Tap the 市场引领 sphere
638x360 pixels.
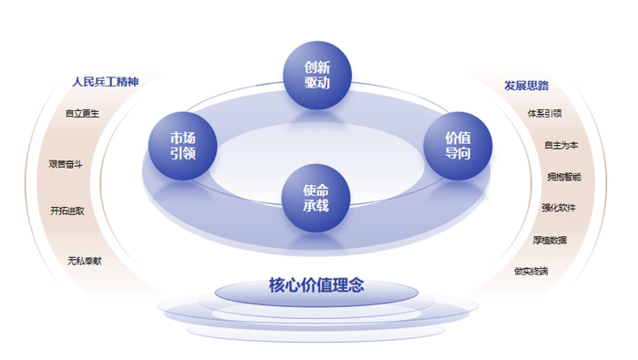point(183,145)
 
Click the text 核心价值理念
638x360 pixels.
point(316,285)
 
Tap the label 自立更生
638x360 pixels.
point(82,115)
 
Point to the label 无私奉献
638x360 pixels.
point(84,261)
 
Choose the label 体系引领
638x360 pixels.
point(544,115)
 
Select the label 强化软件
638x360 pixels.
point(559,208)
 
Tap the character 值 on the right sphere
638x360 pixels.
point(465,137)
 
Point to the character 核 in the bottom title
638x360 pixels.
point(277,285)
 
